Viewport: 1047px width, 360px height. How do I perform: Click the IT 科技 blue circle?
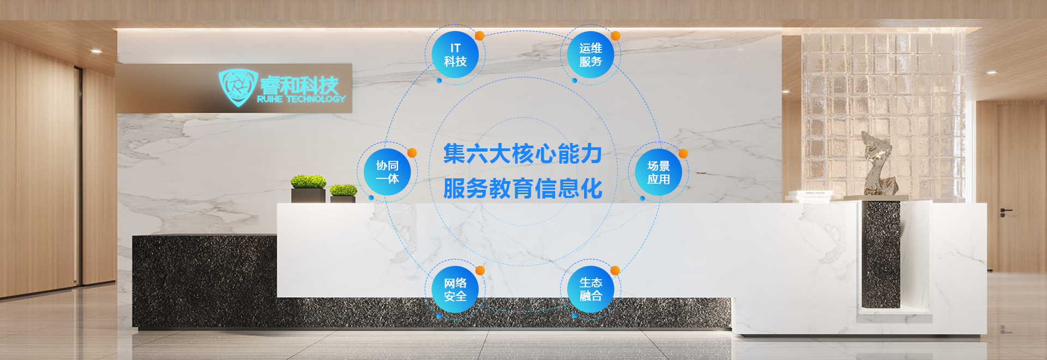pyautogui.click(x=455, y=55)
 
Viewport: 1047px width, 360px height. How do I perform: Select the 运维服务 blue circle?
pyautogui.click(x=591, y=55)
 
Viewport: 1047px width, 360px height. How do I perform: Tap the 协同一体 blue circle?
pyautogui.click(x=387, y=172)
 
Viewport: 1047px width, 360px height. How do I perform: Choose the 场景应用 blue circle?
pyautogui.click(x=658, y=172)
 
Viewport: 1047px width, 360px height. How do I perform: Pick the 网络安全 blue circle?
pyautogui.click(x=455, y=290)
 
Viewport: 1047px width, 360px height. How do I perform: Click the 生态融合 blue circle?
pyautogui.click(x=591, y=289)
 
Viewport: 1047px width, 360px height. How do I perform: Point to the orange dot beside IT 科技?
pyautogui.click(x=479, y=36)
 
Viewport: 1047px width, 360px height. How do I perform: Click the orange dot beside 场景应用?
pyautogui.click(x=683, y=154)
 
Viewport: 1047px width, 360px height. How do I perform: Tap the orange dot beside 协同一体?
pyautogui.click(x=412, y=153)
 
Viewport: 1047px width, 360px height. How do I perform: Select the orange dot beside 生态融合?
pyautogui.click(x=615, y=271)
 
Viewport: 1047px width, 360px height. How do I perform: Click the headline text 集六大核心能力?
pyautogui.click(x=522, y=154)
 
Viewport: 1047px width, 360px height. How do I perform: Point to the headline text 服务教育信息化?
pyautogui.click(x=522, y=189)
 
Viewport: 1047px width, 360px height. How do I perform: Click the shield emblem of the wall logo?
pyautogui.click(x=237, y=87)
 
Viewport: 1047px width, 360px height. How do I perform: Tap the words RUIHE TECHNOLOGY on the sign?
pyautogui.click(x=301, y=99)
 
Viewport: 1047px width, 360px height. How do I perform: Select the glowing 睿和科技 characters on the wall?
pyautogui.click(x=299, y=85)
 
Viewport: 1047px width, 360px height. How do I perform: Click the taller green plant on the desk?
pyautogui.click(x=308, y=182)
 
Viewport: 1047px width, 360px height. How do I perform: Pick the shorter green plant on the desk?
pyautogui.click(x=343, y=190)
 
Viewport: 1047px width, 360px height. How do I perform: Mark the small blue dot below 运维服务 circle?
pyautogui.click(x=574, y=81)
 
